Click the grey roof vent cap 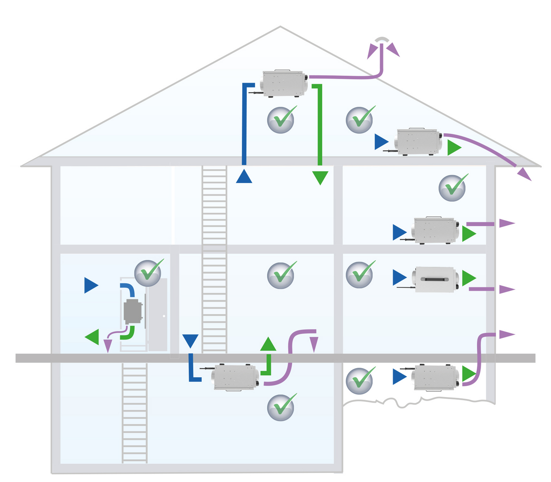coord(382,39)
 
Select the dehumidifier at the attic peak coord(284,83)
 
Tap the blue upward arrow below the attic coord(244,177)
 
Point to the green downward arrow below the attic coord(320,178)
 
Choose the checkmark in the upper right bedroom coord(453,188)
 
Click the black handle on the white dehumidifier coord(434,279)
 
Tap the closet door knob coord(164,316)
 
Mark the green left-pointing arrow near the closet coord(92,337)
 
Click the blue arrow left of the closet coord(91,285)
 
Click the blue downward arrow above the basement coord(190,341)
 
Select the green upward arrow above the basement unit coord(268,344)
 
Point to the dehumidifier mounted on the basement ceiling coord(235,377)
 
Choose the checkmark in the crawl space coord(360,381)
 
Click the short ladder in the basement coord(134,413)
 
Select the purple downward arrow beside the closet coord(108,346)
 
